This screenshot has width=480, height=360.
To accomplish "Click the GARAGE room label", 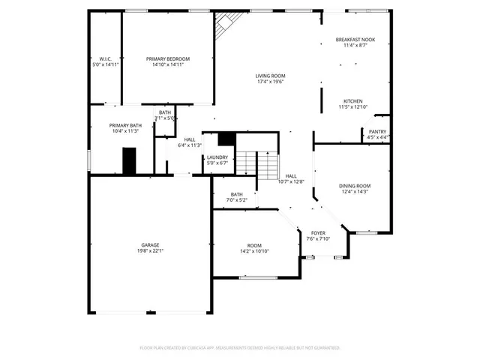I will click(x=149, y=244).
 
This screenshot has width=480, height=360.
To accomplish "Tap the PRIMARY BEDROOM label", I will click(x=168, y=59).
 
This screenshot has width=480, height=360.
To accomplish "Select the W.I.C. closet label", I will click(x=104, y=59).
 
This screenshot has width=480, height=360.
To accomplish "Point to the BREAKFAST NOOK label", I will click(x=355, y=40).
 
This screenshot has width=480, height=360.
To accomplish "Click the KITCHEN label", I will click(x=353, y=101).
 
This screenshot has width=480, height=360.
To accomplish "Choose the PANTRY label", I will click(x=377, y=131).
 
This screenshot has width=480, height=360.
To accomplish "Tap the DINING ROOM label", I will click(x=355, y=186).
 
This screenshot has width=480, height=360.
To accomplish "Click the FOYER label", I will click(x=318, y=233).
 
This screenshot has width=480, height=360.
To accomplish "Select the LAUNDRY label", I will click(x=217, y=157).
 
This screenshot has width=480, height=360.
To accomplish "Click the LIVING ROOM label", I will click(x=270, y=76).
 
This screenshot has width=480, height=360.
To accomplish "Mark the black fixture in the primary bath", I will click(x=130, y=160).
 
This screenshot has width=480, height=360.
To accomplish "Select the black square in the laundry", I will click(x=226, y=139).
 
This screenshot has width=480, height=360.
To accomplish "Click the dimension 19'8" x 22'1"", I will click(x=149, y=250).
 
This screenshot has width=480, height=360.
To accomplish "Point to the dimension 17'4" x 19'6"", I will click(x=270, y=82).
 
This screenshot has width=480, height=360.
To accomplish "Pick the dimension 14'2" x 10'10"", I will click(x=255, y=251).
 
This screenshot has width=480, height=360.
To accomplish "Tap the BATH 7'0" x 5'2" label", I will click(x=237, y=196).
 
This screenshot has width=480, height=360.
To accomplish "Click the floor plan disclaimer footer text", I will click(x=240, y=348).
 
